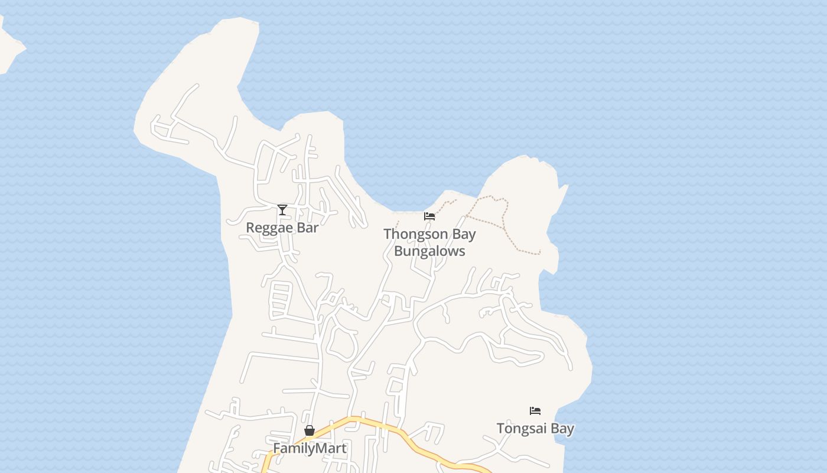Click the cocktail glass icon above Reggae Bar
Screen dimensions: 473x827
[282, 210]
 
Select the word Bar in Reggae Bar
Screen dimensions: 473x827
[308, 227]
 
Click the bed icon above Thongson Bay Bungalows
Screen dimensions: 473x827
[429, 216]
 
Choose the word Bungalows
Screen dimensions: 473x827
[429, 251]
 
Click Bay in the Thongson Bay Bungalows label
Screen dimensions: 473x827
[463, 234]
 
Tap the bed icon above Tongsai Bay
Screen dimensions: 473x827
[535, 411]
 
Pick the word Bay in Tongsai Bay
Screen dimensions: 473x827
[562, 428]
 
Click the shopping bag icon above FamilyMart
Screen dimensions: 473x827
[310, 430]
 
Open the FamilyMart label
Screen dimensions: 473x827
[310, 448]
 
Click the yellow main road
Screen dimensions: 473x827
[378, 424]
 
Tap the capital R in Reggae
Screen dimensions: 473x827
[250, 228]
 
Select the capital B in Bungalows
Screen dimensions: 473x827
[399, 251]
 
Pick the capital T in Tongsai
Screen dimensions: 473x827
[501, 428]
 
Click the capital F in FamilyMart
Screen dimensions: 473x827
[276, 448]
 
